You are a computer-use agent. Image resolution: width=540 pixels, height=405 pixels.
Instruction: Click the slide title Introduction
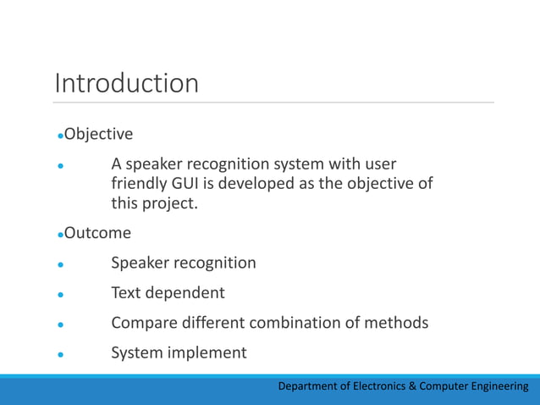(127, 84)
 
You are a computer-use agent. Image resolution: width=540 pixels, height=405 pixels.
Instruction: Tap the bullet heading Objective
(99, 134)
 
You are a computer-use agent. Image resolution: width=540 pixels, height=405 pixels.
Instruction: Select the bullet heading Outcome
(98, 232)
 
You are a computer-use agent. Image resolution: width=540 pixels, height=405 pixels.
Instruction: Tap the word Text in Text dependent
(127, 293)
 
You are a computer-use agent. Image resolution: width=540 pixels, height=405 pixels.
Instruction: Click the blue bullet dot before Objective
(60, 136)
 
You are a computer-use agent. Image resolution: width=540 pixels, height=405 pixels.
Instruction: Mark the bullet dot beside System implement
(60, 354)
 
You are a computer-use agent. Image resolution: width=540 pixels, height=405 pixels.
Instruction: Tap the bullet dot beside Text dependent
(60, 295)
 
